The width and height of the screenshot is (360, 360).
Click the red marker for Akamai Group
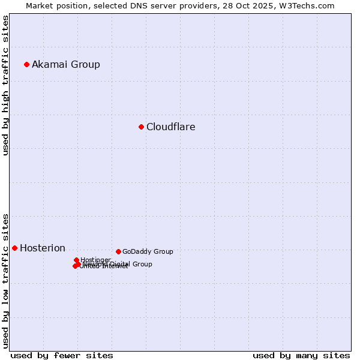point(26,64)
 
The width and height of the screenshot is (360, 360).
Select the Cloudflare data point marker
point(141,127)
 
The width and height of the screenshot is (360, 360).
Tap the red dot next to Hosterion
point(14,248)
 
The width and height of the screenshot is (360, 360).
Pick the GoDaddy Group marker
point(118,251)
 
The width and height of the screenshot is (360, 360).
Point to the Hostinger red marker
point(76,260)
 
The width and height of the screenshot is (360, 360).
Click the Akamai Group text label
point(66,64)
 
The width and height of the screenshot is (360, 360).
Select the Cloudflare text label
point(171,127)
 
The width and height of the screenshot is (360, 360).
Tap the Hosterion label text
point(43,248)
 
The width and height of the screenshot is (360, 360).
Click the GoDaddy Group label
point(148,251)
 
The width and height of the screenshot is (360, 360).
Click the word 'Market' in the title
point(40,5)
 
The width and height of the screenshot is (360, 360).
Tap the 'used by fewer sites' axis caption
point(62,355)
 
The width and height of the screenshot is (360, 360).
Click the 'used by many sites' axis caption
point(301,355)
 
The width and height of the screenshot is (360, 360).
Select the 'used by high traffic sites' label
point(5,85)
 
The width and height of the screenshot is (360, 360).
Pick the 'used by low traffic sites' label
point(5,280)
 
